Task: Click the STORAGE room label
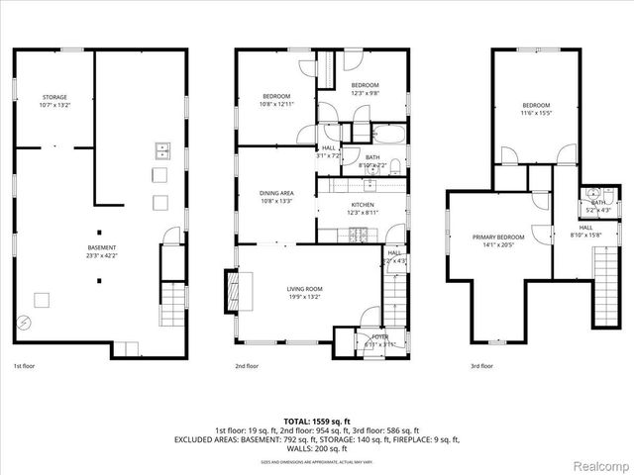(54, 97)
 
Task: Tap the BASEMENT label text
(101, 247)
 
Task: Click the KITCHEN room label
(362, 206)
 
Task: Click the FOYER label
(379, 336)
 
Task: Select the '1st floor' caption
(24, 365)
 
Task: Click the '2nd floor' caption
(247, 365)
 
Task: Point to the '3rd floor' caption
(481, 365)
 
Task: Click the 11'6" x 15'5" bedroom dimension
(536, 112)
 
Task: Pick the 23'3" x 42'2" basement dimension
(101, 254)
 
